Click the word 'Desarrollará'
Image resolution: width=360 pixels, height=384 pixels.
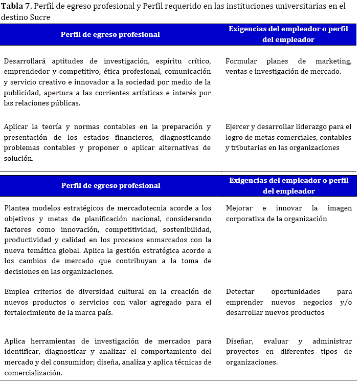coord(27,61)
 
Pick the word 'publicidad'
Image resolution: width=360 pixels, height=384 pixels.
coord(21,93)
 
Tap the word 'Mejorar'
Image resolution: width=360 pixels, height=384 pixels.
coord(240,208)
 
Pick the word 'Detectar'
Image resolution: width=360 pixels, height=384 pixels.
coord(241,291)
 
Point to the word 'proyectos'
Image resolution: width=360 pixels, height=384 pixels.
coord(243,351)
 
